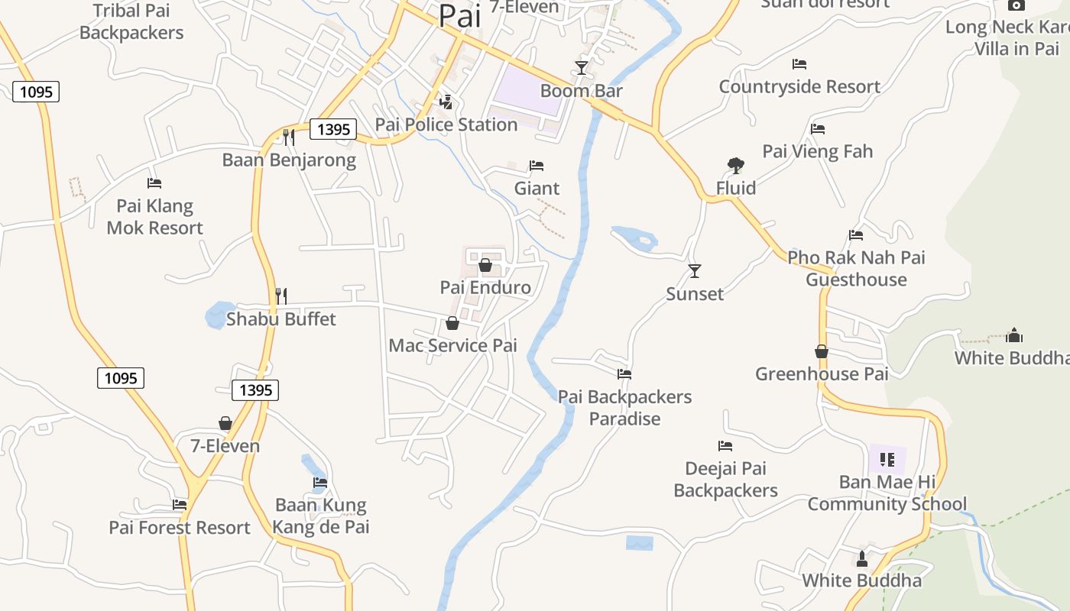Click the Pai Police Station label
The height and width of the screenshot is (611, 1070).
click(x=446, y=124)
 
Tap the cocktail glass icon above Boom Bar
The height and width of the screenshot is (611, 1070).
click(x=582, y=68)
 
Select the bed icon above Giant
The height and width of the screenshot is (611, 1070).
click(x=537, y=166)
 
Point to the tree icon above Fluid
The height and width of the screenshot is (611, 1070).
click(x=735, y=165)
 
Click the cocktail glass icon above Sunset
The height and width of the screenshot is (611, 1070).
click(x=695, y=271)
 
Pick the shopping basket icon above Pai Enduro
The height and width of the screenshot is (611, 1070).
click(x=485, y=265)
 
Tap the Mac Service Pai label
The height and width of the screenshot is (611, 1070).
click(x=452, y=345)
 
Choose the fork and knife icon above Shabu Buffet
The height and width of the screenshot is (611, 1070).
click(x=280, y=296)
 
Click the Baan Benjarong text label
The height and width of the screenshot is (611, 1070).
click(x=289, y=160)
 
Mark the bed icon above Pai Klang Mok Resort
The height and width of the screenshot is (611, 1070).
click(x=154, y=183)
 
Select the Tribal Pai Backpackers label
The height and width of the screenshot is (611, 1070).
click(x=131, y=21)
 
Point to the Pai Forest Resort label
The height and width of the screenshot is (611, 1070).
click(x=180, y=528)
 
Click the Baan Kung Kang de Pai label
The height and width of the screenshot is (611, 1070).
click(x=321, y=516)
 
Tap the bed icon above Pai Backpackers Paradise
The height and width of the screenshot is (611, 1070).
click(x=624, y=374)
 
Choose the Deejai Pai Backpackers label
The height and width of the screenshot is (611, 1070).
click(x=725, y=479)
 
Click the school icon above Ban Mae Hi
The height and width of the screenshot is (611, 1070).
click(x=887, y=460)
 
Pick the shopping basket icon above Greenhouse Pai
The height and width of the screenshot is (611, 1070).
click(x=822, y=351)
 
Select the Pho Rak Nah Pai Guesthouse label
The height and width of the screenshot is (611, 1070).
click(x=856, y=268)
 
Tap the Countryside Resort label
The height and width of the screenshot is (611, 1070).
click(x=799, y=86)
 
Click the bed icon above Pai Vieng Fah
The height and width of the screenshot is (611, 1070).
click(x=818, y=129)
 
